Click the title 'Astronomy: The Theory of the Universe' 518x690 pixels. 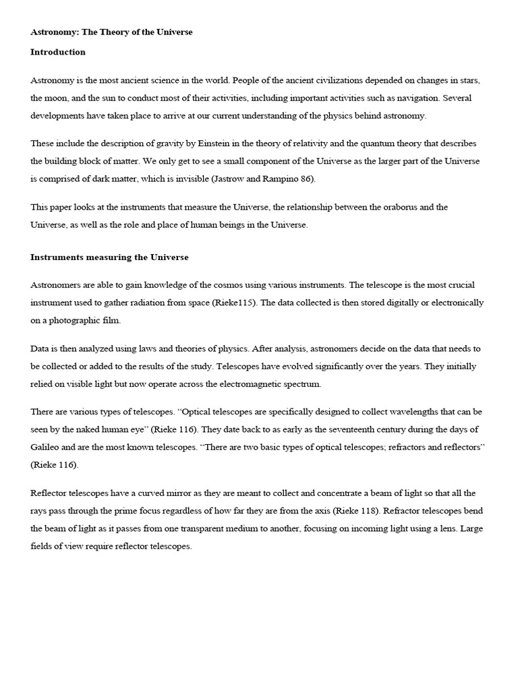tap(111, 32)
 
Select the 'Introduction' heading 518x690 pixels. tap(58, 52)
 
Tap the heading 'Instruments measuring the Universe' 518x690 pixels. tap(109, 257)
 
